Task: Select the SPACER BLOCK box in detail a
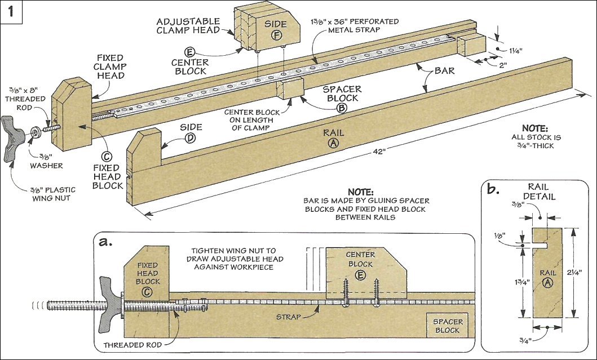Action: click(448, 325)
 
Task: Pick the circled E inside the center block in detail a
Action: click(360, 275)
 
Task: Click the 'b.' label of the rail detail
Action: click(493, 189)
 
